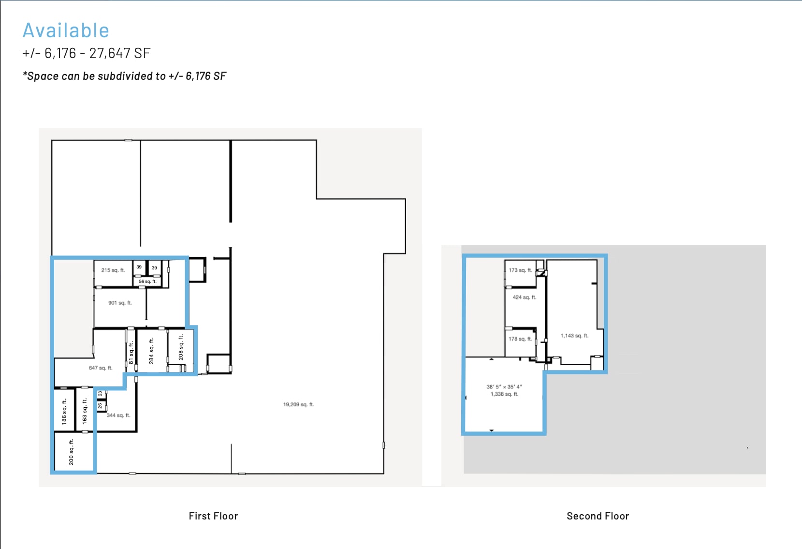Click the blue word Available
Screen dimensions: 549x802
point(66,30)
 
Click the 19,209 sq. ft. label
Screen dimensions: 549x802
point(298,404)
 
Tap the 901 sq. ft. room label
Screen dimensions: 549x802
point(120,303)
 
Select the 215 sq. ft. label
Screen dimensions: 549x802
point(113,270)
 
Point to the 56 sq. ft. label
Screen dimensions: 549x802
point(147,282)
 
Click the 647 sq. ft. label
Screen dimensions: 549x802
point(101,368)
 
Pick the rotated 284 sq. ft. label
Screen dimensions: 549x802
point(151,351)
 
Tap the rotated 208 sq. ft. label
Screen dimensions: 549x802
point(181,347)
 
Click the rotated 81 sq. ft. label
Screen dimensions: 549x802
point(131,353)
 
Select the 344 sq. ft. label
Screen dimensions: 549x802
point(118,415)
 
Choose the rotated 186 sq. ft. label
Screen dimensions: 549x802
point(64,412)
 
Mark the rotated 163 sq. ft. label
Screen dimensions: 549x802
point(85,411)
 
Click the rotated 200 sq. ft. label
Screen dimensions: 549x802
point(72,452)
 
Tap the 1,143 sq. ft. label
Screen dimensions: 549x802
point(574,336)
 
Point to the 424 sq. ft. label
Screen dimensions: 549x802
point(525,297)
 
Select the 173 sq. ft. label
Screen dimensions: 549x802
point(520,270)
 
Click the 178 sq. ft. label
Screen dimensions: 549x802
point(520,339)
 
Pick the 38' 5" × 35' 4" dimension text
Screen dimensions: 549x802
point(504,386)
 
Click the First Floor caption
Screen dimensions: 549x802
point(213,516)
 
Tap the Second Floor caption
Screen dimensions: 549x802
point(598,516)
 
